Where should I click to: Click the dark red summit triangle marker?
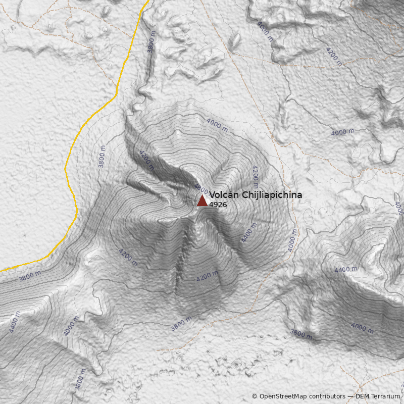(x=202, y=201)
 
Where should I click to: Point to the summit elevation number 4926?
(x=218, y=205)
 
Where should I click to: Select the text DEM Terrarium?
(x=378, y=396)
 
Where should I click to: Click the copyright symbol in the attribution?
(x=255, y=396)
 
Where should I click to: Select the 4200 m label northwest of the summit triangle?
(x=146, y=160)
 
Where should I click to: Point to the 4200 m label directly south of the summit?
(x=208, y=276)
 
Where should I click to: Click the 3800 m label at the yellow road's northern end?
(x=151, y=42)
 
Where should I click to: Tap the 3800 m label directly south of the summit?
(x=181, y=324)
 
